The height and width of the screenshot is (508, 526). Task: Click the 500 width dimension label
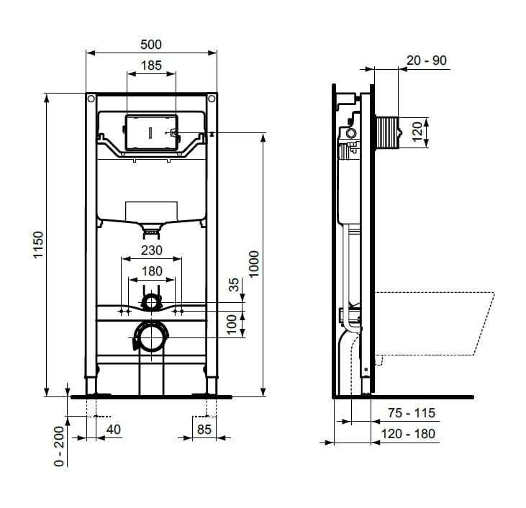(x=151, y=45)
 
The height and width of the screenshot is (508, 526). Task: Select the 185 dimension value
(x=151, y=65)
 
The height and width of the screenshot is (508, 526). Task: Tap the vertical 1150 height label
(x=38, y=245)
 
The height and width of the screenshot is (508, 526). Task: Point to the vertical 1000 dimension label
(x=254, y=264)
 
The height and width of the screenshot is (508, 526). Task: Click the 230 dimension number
(x=152, y=250)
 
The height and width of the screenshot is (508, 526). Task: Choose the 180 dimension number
(x=152, y=271)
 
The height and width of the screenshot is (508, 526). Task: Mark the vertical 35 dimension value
(x=234, y=284)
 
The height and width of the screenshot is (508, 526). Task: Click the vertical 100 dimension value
(x=232, y=325)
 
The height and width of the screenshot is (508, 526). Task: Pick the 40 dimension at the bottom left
(x=114, y=429)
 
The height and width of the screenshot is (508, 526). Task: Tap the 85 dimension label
(x=204, y=429)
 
